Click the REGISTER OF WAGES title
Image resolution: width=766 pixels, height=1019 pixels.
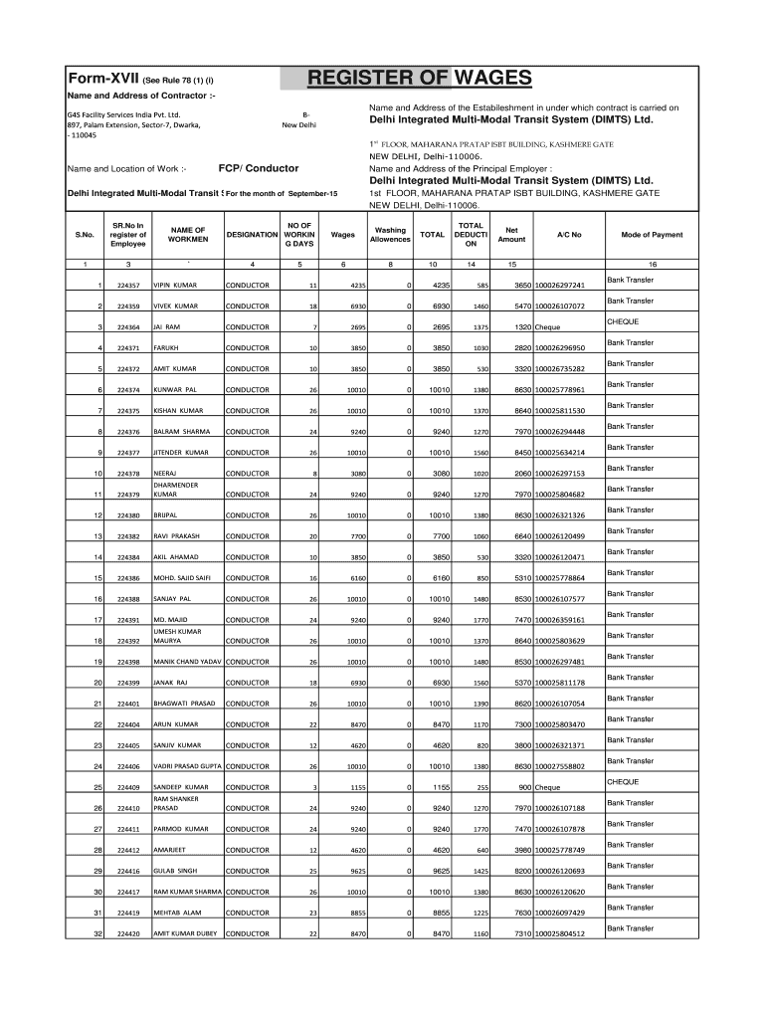(420, 79)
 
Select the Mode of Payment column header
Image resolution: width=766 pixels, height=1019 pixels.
(652, 235)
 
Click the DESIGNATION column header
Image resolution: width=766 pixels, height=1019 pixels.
(252, 235)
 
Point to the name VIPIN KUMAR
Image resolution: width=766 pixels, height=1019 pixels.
(175, 286)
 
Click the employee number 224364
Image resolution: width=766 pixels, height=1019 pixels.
(128, 327)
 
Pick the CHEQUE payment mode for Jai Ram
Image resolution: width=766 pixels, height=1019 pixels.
(623, 321)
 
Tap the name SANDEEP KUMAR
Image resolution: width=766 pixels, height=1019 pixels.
(180, 787)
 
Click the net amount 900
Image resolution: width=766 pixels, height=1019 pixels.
(523, 787)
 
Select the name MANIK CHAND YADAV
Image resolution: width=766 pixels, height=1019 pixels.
(187, 662)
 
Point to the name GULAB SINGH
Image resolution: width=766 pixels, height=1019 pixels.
(175, 871)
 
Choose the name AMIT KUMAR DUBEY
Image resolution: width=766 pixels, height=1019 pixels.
(185, 933)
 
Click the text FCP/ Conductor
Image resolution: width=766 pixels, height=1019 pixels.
(258, 168)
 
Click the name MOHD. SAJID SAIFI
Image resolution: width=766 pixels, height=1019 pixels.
(182, 578)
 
